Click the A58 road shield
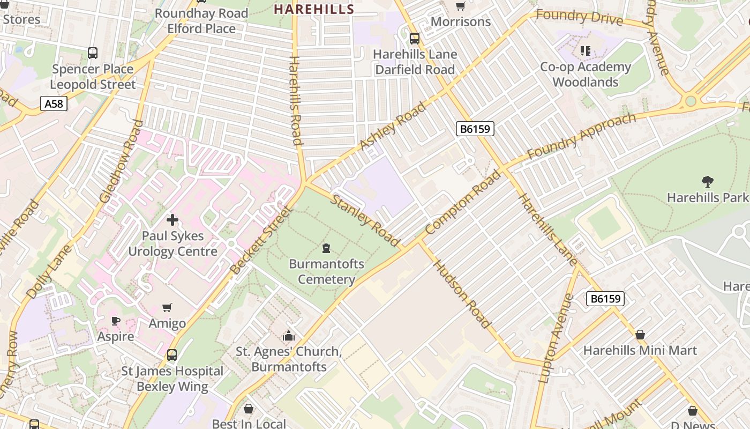tap(54, 103)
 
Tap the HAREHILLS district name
tap(314, 9)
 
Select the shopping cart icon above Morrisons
tap(460, 6)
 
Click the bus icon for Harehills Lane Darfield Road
tap(415, 39)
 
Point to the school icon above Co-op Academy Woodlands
tap(585, 51)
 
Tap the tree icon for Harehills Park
tap(707, 182)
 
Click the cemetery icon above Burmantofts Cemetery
tap(326, 248)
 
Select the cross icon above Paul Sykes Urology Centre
tap(172, 220)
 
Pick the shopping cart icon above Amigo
tap(167, 308)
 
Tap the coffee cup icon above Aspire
tap(116, 321)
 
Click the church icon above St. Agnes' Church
tap(289, 336)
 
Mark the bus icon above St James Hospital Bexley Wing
tap(172, 355)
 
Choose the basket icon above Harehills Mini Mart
tap(640, 335)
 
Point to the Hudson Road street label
tap(461, 294)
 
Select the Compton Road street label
tap(464, 202)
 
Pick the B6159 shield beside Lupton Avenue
tap(605, 299)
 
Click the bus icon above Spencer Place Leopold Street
tap(93, 53)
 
